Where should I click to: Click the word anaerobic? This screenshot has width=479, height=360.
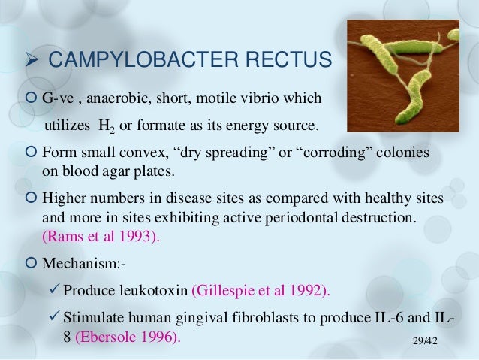point(121,98)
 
